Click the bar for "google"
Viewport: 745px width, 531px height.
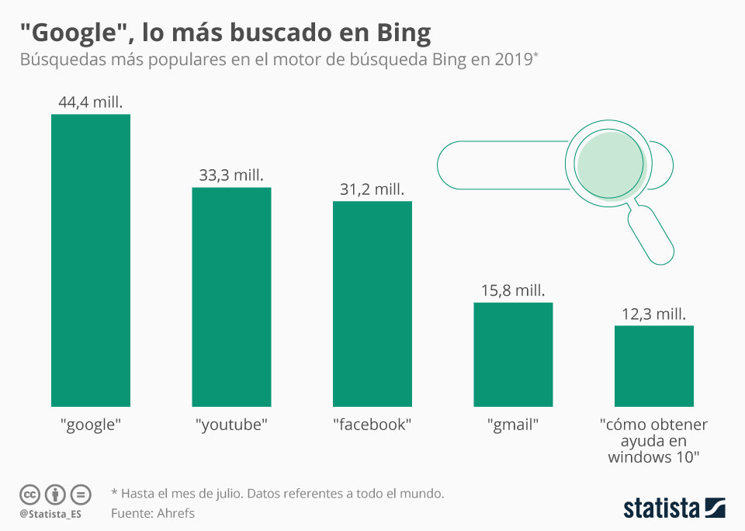[x=91, y=261]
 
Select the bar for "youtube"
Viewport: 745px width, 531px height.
[x=231, y=297]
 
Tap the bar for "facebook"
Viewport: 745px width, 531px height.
[x=372, y=304]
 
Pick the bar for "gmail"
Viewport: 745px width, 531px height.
[x=513, y=355]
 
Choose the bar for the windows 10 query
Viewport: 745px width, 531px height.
[x=654, y=366]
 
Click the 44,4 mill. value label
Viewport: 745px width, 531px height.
[x=91, y=102]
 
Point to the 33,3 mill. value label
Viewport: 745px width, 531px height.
[x=231, y=175]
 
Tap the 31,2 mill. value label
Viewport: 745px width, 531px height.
[x=372, y=189]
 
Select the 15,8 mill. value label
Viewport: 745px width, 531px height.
[x=513, y=290]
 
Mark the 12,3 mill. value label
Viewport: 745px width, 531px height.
[x=654, y=314]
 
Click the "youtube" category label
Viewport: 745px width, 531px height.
[x=231, y=425]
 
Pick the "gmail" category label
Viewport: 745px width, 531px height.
[x=513, y=425]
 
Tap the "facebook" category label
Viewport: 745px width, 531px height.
[x=372, y=425]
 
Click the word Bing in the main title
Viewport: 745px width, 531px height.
[x=404, y=33]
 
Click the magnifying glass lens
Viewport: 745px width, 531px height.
[x=610, y=164]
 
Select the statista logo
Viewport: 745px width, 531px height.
[x=674, y=508]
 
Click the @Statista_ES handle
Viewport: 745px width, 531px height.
[x=50, y=514]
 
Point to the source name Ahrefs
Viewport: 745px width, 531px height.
[x=176, y=513]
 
